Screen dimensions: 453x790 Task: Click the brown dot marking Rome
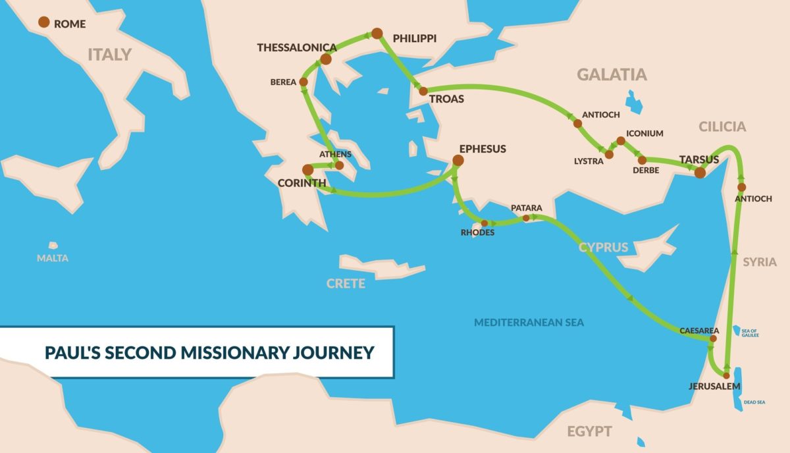pyautogui.click(x=43, y=22)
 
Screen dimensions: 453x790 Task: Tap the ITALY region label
pyautogui.click(x=109, y=55)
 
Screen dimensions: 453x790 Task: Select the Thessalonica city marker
pyautogui.click(x=325, y=59)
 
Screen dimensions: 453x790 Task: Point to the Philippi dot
pyautogui.click(x=377, y=33)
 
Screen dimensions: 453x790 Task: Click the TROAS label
pyautogui.click(x=446, y=99)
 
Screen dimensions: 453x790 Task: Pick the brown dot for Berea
pyautogui.click(x=303, y=82)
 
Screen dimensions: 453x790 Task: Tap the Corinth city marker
pyautogui.click(x=307, y=169)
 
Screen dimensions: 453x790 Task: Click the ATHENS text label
pyautogui.click(x=335, y=154)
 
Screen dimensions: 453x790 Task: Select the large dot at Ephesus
pyautogui.click(x=458, y=160)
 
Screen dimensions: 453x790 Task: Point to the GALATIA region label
pyautogui.click(x=612, y=74)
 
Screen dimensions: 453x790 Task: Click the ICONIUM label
pyautogui.click(x=645, y=134)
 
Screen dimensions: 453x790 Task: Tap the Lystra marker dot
pyautogui.click(x=609, y=154)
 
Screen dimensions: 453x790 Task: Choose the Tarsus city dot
pyautogui.click(x=700, y=173)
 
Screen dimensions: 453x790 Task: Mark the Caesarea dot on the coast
pyautogui.click(x=712, y=338)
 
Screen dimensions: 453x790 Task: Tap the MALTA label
pyautogui.click(x=52, y=258)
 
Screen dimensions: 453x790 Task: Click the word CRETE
pyautogui.click(x=346, y=284)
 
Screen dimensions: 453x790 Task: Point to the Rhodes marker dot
pyautogui.click(x=484, y=223)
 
